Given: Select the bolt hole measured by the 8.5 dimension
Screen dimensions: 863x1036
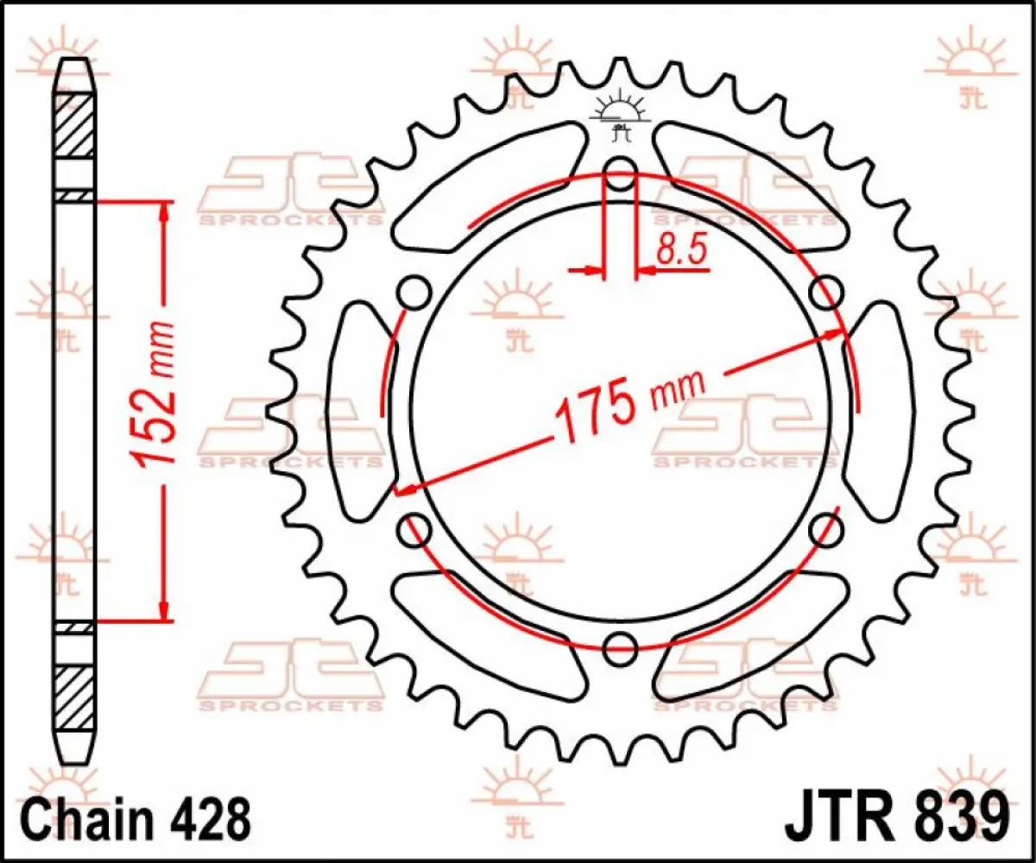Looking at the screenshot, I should [x=620, y=173].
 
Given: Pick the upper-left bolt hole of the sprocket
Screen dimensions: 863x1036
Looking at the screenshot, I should [x=414, y=292].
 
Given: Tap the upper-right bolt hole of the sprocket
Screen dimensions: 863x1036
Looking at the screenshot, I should [x=825, y=292].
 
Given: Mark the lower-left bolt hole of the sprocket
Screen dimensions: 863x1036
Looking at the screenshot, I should [x=415, y=527].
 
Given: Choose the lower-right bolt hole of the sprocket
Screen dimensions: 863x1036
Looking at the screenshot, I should [x=825, y=527].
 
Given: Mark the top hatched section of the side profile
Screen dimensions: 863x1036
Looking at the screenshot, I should [x=74, y=126].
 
